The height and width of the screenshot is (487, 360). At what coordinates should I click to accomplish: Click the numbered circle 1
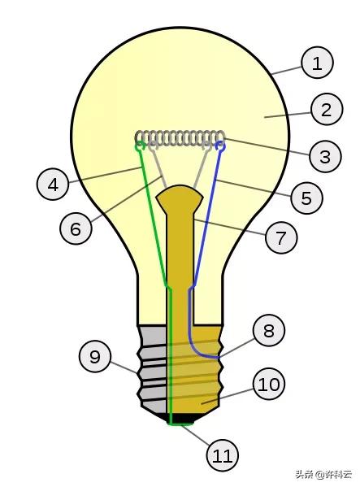[317, 63]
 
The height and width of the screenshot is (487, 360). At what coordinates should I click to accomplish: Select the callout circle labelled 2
[327, 109]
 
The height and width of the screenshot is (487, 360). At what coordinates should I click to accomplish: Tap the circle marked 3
[325, 156]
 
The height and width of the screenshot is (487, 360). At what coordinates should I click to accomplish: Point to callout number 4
[53, 185]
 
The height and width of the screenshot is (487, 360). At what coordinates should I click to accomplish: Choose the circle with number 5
[306, 198]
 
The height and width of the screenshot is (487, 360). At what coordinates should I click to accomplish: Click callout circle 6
[76, 228]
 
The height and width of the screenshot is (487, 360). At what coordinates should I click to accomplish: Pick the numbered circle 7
[281, 237]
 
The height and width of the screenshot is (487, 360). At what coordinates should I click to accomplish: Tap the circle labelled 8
[269, 330]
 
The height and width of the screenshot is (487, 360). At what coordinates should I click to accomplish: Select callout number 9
[95, 356]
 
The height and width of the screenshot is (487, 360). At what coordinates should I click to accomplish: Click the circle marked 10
[269, 385]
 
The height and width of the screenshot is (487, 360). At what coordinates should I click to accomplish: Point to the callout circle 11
[223, 455]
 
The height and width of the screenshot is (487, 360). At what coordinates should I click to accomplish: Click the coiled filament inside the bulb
[180, 138]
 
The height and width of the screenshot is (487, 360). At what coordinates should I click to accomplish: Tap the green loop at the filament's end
[141, 146]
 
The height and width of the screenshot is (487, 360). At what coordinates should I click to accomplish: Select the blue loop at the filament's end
[220, 146]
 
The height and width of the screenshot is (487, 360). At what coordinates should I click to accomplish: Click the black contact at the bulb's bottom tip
[180, 418]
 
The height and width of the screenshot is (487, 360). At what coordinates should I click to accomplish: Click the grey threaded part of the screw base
[153, 370]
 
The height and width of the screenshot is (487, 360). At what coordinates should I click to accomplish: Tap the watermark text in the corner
[323, 474]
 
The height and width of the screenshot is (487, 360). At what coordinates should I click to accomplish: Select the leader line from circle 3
[267, 146]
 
